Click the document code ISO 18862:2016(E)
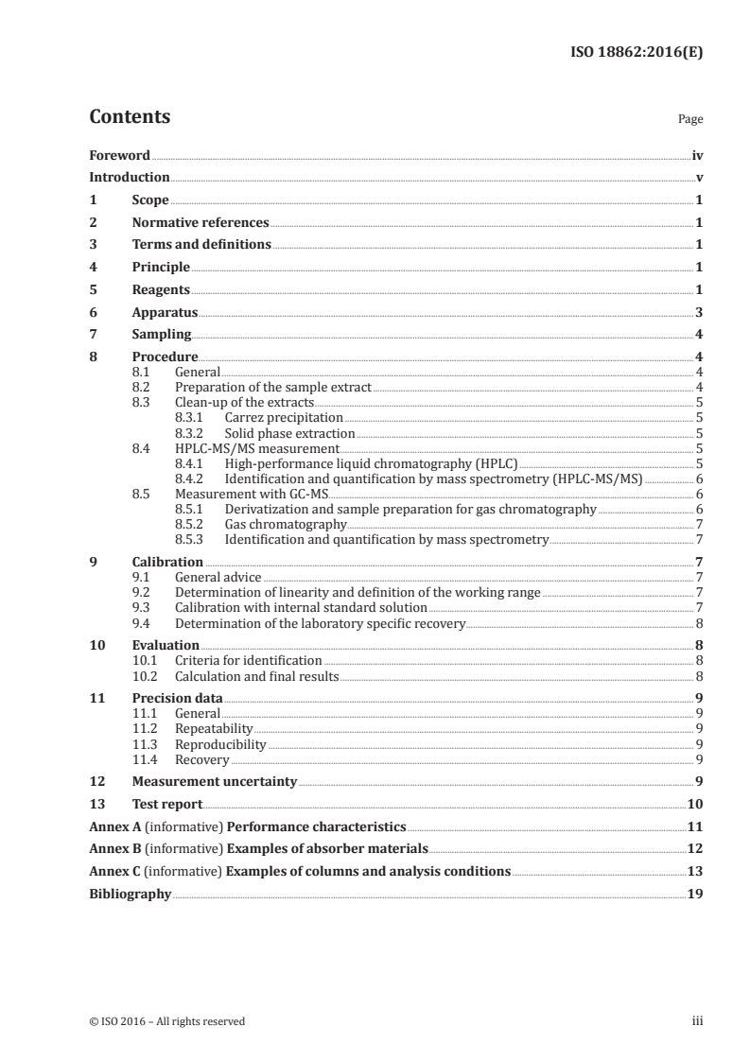[637, 53]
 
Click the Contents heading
[130, 117]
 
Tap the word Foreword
[119, 154]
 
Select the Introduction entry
[129, 177]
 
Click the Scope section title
[149, 200]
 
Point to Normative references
[201, 222]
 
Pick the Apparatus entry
[165, 311]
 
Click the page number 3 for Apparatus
[698, 311]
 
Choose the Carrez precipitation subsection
[284, 416]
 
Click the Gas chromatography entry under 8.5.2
[286, 523]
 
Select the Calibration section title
[167, 562]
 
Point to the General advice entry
[218, 576]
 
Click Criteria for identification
[249, 659]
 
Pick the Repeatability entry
[214, 727]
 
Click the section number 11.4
[146, 758]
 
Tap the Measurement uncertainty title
[214, 781]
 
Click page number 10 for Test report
[694, 804]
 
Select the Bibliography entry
[130, 893]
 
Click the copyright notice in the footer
[166, 1020]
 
